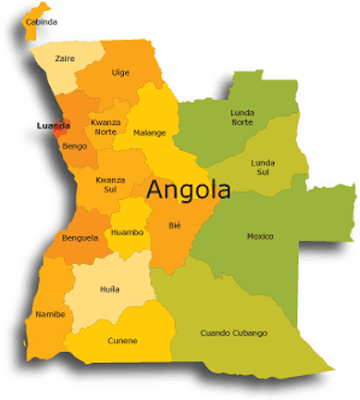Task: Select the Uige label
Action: pos(120,72)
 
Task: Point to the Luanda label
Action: pos(52,126)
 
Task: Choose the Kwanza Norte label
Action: pos(108,127)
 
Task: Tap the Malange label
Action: pos(150,132)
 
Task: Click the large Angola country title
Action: pos(189,189)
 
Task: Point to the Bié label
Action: pos(176,225)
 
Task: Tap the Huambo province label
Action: pos(127,232)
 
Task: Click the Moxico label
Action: pos(260,236)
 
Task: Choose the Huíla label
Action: pos(110,289)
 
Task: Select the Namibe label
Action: pos(50,314)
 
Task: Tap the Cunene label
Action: pos(123,341)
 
